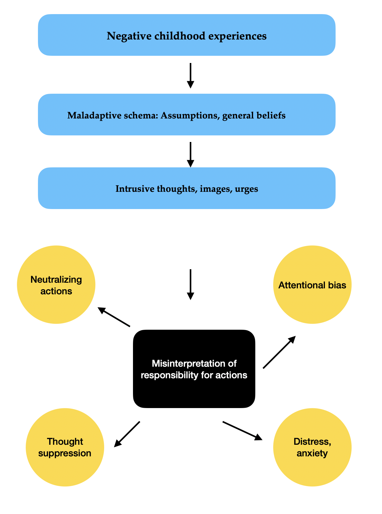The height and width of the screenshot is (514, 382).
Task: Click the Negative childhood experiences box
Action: coord(187,35)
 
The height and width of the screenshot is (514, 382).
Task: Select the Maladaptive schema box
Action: coord(187,115)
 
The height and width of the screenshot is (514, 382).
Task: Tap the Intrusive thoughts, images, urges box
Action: coord(187,188)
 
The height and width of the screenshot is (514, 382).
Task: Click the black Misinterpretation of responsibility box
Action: coord(194,369)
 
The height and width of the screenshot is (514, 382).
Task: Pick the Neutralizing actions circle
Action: coord(56,285)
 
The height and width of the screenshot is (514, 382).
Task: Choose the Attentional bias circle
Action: coord(312,285)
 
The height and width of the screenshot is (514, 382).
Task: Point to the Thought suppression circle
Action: coord(65,447)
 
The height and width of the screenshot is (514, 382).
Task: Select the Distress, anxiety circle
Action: coord(312,447)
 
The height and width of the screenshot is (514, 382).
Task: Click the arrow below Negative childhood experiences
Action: coord(190,76)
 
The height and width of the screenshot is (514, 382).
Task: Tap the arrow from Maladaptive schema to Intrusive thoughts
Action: coord(190,155)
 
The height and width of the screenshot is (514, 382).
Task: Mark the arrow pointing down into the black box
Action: coord(190,284)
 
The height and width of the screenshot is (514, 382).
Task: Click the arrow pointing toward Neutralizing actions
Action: coord(114,317)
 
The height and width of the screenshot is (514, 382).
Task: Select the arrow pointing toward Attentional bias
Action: coord(279,352)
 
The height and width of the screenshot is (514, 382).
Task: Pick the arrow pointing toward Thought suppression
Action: coord(127,434)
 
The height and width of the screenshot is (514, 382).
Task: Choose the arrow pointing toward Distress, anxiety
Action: coord(242,431)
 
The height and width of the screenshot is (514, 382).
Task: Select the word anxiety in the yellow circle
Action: coord(312,453)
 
